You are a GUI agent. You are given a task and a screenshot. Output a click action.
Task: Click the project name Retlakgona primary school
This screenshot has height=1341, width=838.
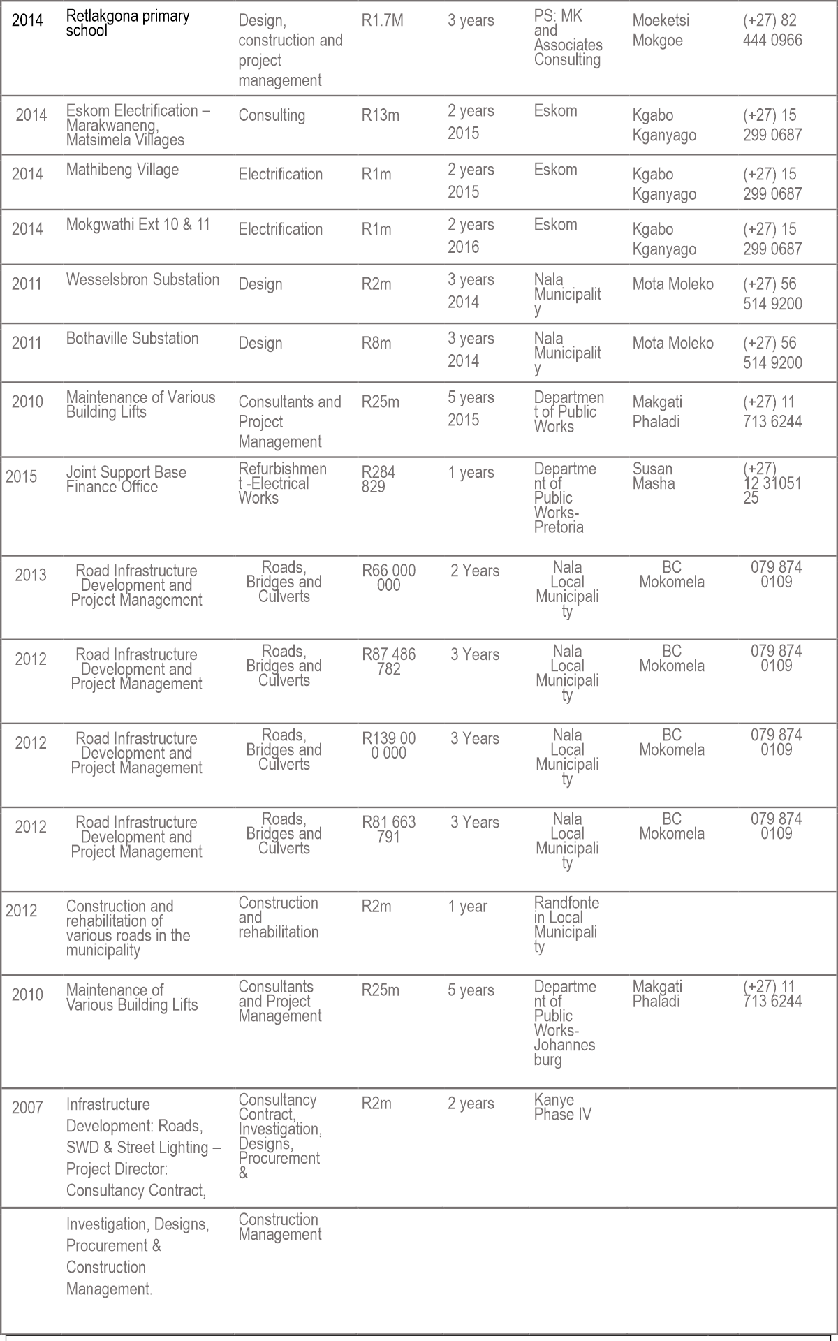(x=128, y=23)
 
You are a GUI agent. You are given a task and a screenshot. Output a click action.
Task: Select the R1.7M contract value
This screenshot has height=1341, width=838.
(x=382, y=20)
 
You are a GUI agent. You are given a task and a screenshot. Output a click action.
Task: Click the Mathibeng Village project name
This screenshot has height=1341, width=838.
(x=122, y=170)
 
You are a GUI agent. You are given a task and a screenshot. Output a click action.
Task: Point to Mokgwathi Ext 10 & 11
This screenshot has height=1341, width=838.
(x=138, y=225)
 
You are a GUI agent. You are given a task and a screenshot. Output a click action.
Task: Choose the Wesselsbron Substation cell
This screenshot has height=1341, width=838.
(x=142, y=279)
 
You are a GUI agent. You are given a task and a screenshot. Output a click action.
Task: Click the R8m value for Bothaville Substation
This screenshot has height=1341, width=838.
(x=376, y=343)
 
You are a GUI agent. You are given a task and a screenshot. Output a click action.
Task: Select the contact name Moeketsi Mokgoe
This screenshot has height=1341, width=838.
(x=660, y=30)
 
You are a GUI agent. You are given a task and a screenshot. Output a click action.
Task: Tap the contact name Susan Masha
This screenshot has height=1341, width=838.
(x=653, y=476)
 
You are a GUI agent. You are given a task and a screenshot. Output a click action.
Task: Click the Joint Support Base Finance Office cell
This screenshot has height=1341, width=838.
(x=126, y=479)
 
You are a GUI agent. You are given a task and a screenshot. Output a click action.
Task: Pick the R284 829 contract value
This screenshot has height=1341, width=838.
(x=378, y=479)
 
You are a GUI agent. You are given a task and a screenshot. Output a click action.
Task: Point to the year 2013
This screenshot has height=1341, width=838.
(x=31, y=575)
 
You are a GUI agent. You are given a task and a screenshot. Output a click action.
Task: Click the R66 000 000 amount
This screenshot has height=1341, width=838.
(x=388, y=578)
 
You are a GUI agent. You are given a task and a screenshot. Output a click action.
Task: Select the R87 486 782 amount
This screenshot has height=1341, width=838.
(x=388, y=661)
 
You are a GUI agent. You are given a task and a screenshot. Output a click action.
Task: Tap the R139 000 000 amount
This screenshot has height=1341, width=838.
(x=388, y=745)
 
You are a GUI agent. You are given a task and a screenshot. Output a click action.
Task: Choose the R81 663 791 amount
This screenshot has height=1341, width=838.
(x=388, y=829)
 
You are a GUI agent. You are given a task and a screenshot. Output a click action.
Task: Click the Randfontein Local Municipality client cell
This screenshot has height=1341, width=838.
(x=566, y=925)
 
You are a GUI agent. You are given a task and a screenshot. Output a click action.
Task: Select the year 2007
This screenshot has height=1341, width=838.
(x=27, y=1107)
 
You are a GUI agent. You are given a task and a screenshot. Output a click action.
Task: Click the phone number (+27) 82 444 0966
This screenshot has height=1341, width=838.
(x=772, y=30)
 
